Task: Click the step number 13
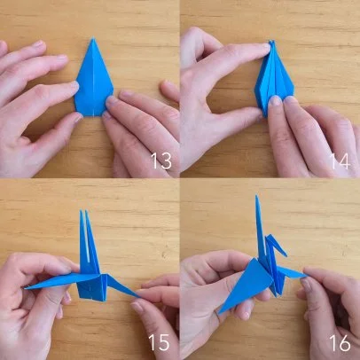161,161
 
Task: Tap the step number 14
340,161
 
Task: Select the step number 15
159,342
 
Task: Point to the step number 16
340,342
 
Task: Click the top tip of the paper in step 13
93,39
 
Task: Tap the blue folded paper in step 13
94,80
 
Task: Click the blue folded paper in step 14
274,78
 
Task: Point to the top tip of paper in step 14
272,41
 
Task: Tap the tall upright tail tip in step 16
257,196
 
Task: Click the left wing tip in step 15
27,287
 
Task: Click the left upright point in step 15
81,211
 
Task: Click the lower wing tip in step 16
220,311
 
